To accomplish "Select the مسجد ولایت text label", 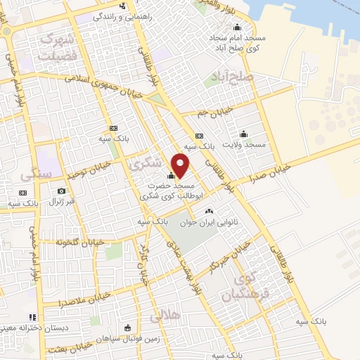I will (x=244, y=144).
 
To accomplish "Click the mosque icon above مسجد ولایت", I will (x=244, y=134).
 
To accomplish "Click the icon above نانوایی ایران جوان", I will (x=208, y=211).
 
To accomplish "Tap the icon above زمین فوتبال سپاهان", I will (x=127, y=328).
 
